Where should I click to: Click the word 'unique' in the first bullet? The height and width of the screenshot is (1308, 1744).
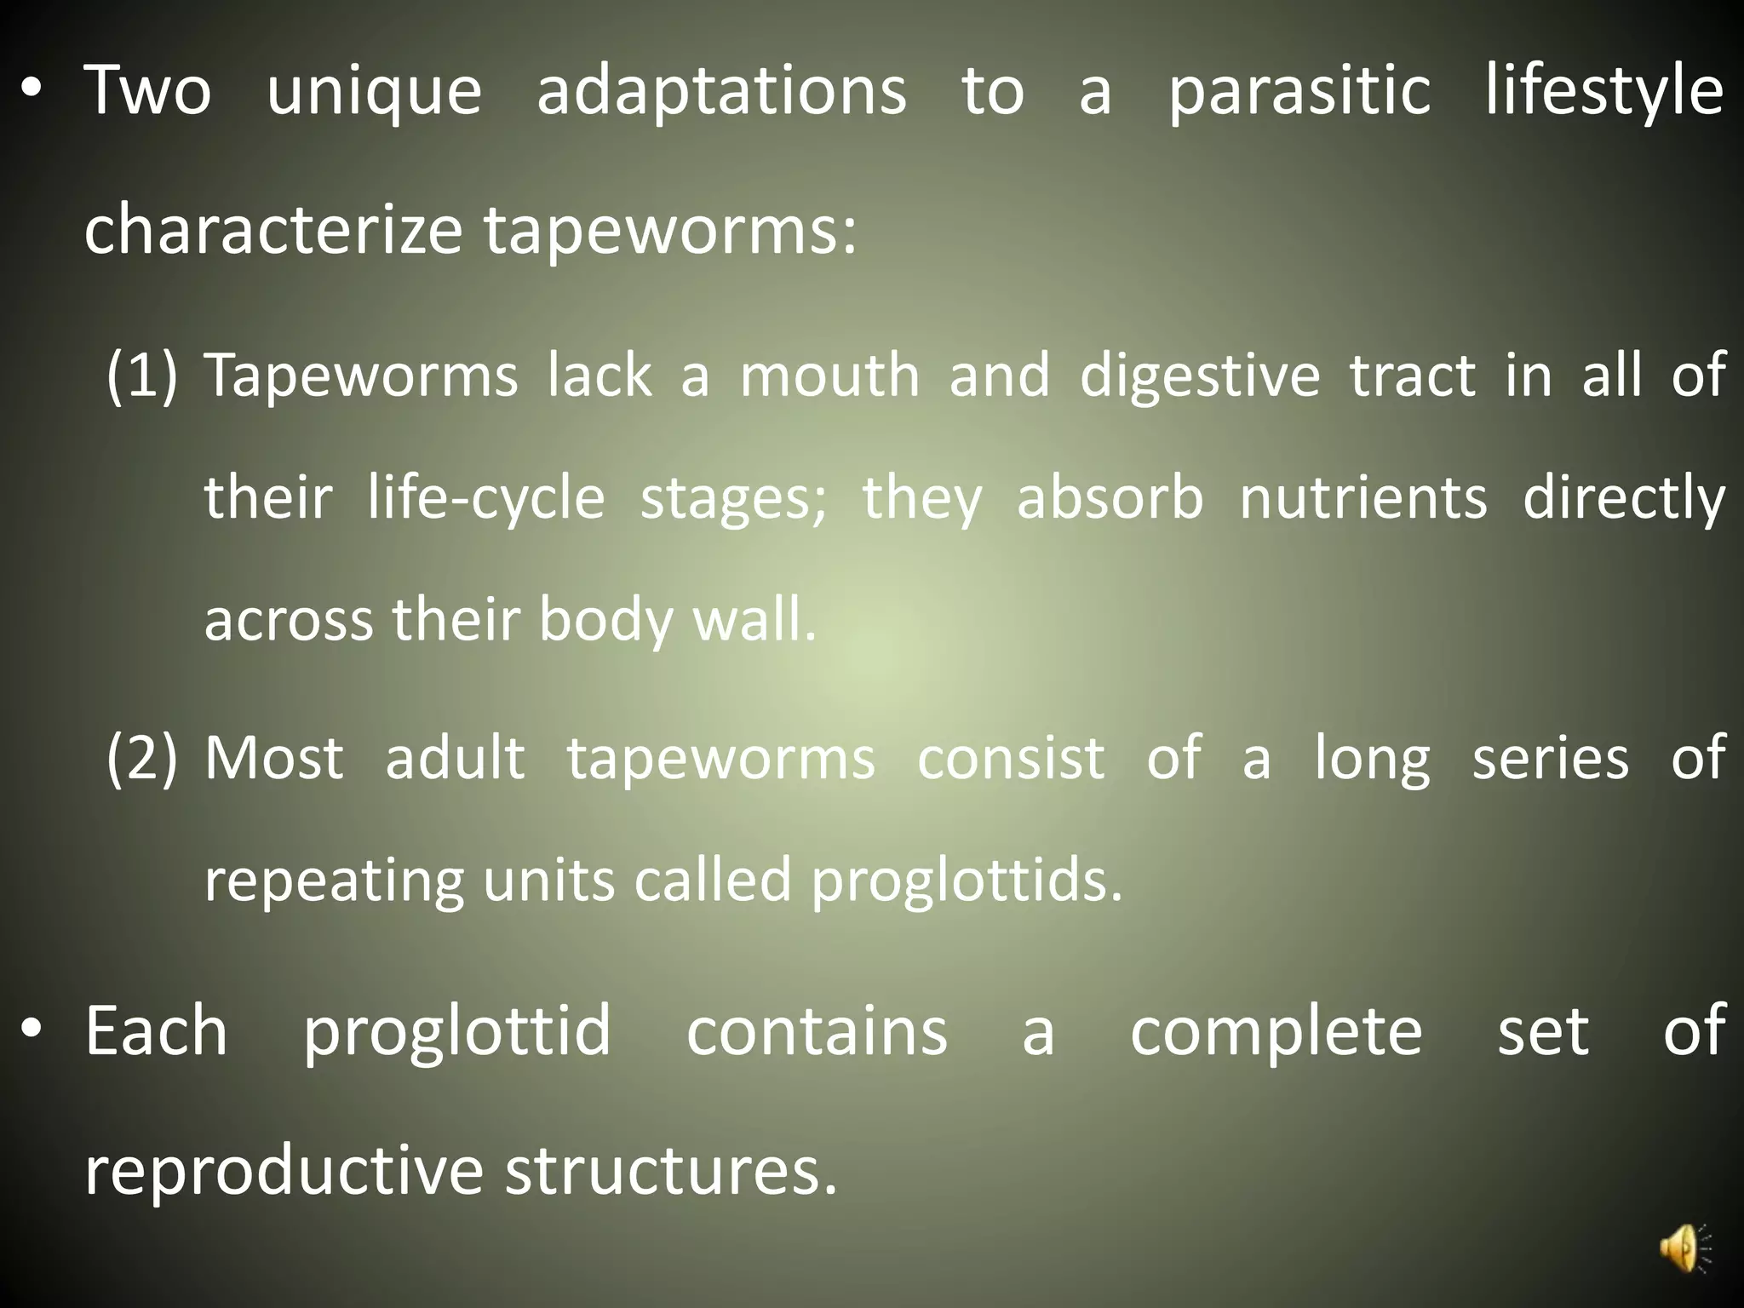pos(375,92)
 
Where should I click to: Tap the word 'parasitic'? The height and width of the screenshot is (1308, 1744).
pos(1299,92)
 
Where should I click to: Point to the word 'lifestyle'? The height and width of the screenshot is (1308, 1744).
pos(1604,92)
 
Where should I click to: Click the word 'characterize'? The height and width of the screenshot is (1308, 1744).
pos(272,230)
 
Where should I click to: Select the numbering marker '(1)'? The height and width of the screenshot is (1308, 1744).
pos(142,375)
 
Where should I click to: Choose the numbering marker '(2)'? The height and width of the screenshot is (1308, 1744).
pos(142,757)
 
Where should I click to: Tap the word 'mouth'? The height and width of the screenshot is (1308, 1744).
pos(830,375)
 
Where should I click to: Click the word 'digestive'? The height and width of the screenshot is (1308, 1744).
pos(1200,376)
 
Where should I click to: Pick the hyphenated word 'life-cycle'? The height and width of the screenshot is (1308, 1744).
pos(486,498)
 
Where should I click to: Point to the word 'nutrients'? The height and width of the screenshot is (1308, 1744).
pos(1363,498)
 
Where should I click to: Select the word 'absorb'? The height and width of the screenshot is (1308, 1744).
pos(1110,498)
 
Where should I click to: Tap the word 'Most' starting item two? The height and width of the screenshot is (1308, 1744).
pos(274,757)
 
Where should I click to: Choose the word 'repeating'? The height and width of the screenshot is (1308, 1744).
pos(334,881)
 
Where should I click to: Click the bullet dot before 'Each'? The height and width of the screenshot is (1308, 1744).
pos(32,1031)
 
